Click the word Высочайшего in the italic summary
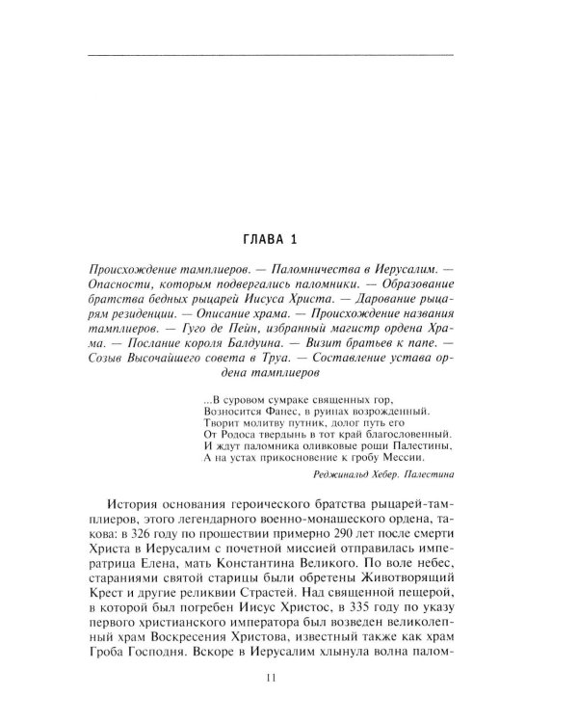[171, 365]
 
